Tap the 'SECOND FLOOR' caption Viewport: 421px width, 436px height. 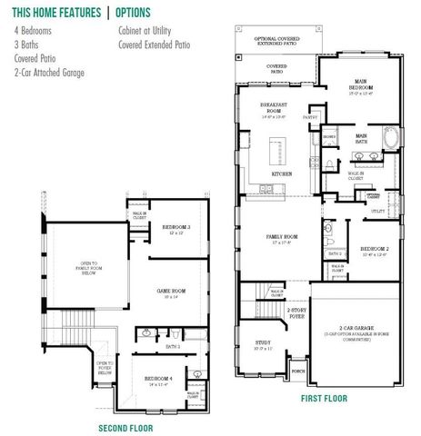pos(125,427)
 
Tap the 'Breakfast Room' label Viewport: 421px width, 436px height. pos(273,111)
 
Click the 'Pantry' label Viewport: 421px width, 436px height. pos(310,116)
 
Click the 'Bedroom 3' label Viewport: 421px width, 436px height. pos(175,228)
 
